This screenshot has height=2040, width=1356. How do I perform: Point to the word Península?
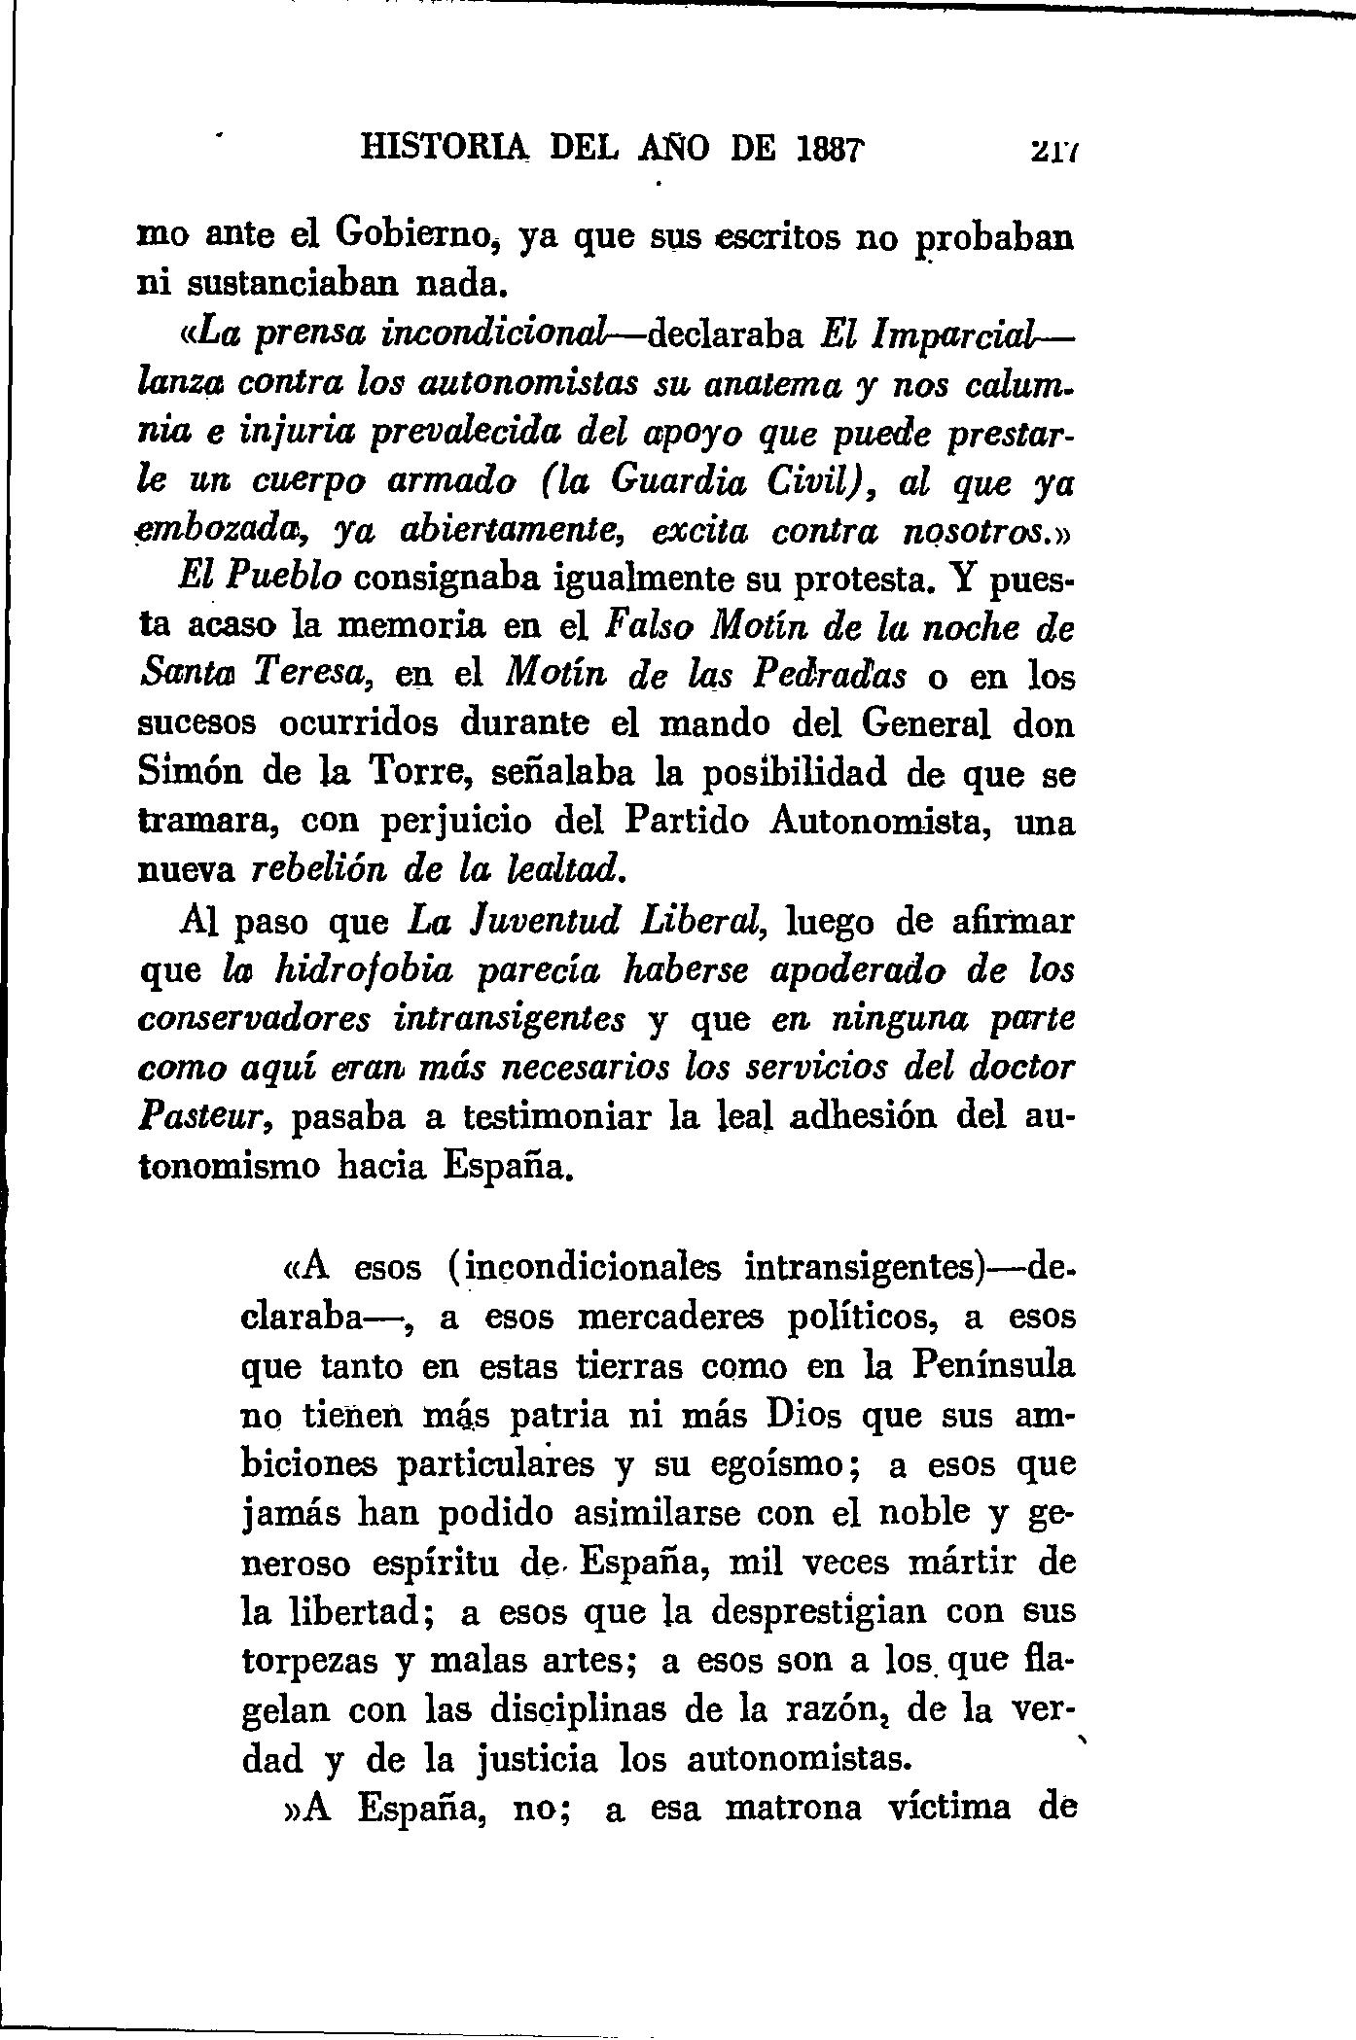point(994,1365)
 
